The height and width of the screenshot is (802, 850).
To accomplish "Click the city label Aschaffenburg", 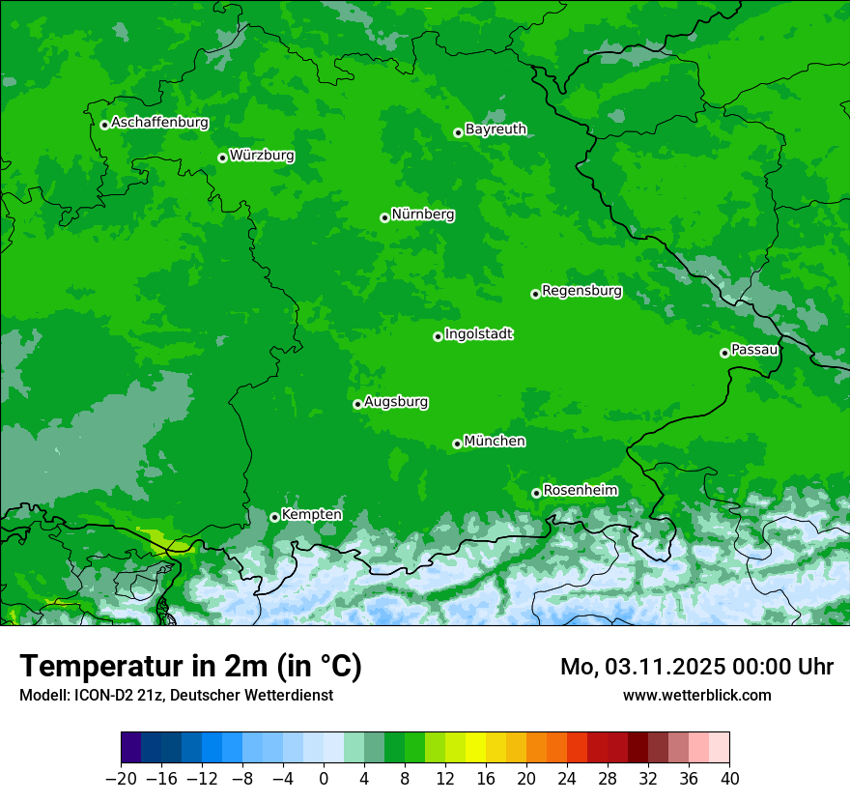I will point(159,123).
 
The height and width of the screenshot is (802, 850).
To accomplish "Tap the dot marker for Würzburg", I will point(222,158).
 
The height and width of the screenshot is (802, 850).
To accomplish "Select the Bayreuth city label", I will point(496,129).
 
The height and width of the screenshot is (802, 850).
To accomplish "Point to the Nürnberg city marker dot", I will point(384,217).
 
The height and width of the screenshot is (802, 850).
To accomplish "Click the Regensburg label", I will point(581,291).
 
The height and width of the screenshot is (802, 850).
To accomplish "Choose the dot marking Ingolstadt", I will point(438,336).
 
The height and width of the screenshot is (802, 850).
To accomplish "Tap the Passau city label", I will point(754,350).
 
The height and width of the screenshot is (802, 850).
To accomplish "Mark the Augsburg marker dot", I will point(357,404).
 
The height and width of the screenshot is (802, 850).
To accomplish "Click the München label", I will point(495,442).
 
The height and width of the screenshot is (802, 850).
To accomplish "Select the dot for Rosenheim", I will point(536,493).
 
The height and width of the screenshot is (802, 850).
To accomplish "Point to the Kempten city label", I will point(311,515).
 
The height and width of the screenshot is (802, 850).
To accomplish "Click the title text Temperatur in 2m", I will point(190,666).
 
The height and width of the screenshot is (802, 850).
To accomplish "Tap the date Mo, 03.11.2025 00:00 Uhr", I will point(696,667).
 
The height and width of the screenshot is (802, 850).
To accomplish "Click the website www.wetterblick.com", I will point(696,695).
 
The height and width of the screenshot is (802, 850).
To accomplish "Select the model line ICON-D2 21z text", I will point(176,695).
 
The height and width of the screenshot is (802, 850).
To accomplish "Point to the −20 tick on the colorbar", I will point(121,779).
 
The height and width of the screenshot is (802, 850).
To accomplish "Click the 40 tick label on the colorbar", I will point(729,779).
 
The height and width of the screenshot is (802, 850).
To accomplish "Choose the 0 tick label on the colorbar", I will point(324,779).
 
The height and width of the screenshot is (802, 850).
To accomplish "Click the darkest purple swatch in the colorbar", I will point(131,748).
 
